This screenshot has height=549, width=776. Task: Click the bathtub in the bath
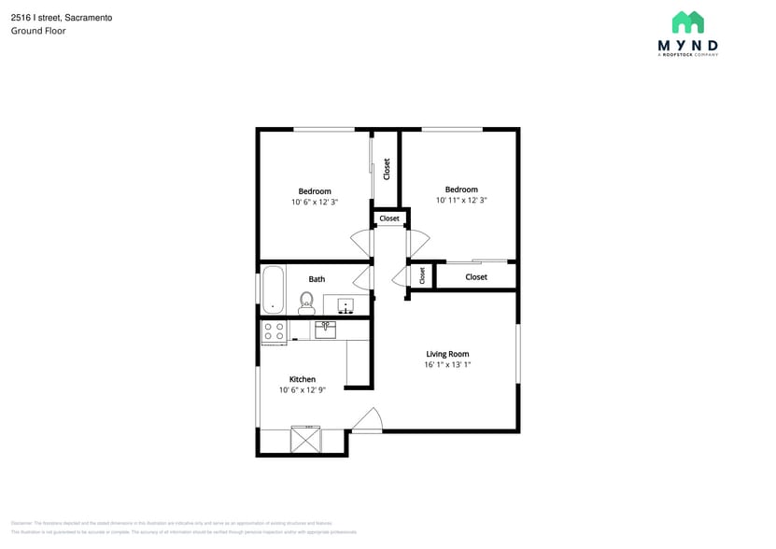coord(273,289)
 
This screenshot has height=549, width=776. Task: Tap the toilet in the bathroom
coord(306,302)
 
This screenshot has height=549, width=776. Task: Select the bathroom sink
coord(346,305)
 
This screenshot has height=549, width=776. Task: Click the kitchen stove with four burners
coord(274,330)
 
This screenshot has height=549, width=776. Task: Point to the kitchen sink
coord(325,329)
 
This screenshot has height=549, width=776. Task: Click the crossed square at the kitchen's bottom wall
coord(305,440)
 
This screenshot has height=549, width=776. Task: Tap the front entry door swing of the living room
coord(368,421)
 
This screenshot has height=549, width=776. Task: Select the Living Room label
coord(447,354)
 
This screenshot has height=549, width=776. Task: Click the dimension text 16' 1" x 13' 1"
coord(447,365)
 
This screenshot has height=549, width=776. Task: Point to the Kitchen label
coord(302,379)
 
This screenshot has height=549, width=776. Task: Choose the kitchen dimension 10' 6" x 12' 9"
coord(302,390)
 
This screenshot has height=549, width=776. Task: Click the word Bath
coord(317,278)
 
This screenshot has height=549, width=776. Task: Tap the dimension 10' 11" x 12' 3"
coord(461,200)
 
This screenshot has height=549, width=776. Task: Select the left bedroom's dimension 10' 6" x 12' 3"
coord(315,202)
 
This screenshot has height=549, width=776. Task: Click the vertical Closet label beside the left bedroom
coord(387,169)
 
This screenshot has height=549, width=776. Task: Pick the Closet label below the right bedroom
coord(476,276)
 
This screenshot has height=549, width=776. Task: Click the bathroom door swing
coord(362,277)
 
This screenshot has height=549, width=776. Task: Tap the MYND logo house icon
coord(688,22)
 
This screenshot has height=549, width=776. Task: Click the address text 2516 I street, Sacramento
coord(62,17)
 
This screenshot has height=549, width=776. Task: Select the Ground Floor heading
coord(38,31)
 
